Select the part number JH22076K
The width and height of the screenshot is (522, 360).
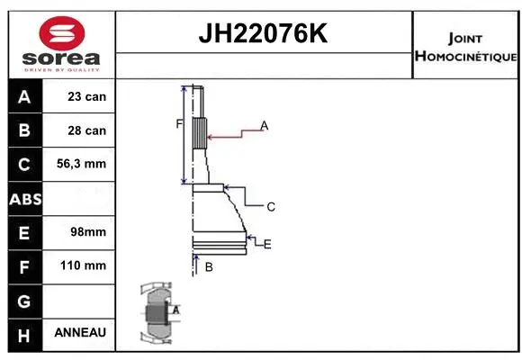click(263, 35)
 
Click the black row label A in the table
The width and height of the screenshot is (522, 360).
click(24, 96)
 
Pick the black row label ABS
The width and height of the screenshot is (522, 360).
click(24, 199)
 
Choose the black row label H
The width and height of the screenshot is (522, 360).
click(24, 333)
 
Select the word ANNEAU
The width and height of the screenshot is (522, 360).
click(80, 333)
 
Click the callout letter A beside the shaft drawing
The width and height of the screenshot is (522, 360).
click(265, 125)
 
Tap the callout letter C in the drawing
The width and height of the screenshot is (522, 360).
click(270, 207)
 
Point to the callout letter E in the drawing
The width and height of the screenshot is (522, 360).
click(267, 244)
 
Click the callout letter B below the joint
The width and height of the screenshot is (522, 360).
click(208, 267)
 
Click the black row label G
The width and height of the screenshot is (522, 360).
click(24, 300)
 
